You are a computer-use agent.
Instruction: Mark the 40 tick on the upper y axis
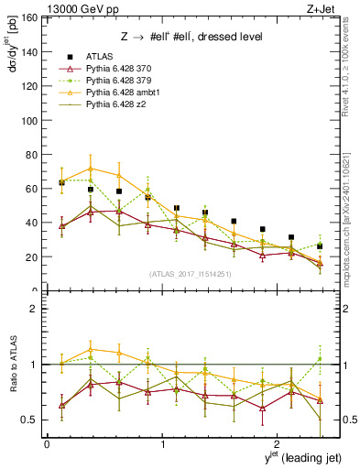(34, 223)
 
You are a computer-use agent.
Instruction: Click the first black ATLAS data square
(61, 182)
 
